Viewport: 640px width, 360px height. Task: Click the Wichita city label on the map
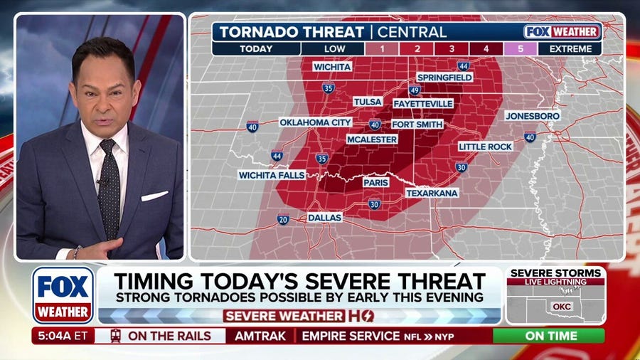coord(332,66)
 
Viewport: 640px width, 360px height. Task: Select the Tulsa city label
coord(368,102)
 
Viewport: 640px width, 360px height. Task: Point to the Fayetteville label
coord(423,103)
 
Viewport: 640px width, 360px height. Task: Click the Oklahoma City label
coord(316,122)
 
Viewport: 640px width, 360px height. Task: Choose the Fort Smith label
coord(417,124)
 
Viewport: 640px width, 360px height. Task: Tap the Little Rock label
coord(486,147)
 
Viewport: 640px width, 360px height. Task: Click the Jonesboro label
coord(533,115)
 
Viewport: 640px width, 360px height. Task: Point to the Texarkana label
coord(432,193)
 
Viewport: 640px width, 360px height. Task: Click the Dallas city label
coord(324,217)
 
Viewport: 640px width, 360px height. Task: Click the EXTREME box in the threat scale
coord(570,49)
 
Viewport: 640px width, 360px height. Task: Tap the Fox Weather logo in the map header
coord(562,32)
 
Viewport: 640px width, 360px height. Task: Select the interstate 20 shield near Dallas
coord(283,220)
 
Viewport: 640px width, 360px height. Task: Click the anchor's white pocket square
coord(154,196)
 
